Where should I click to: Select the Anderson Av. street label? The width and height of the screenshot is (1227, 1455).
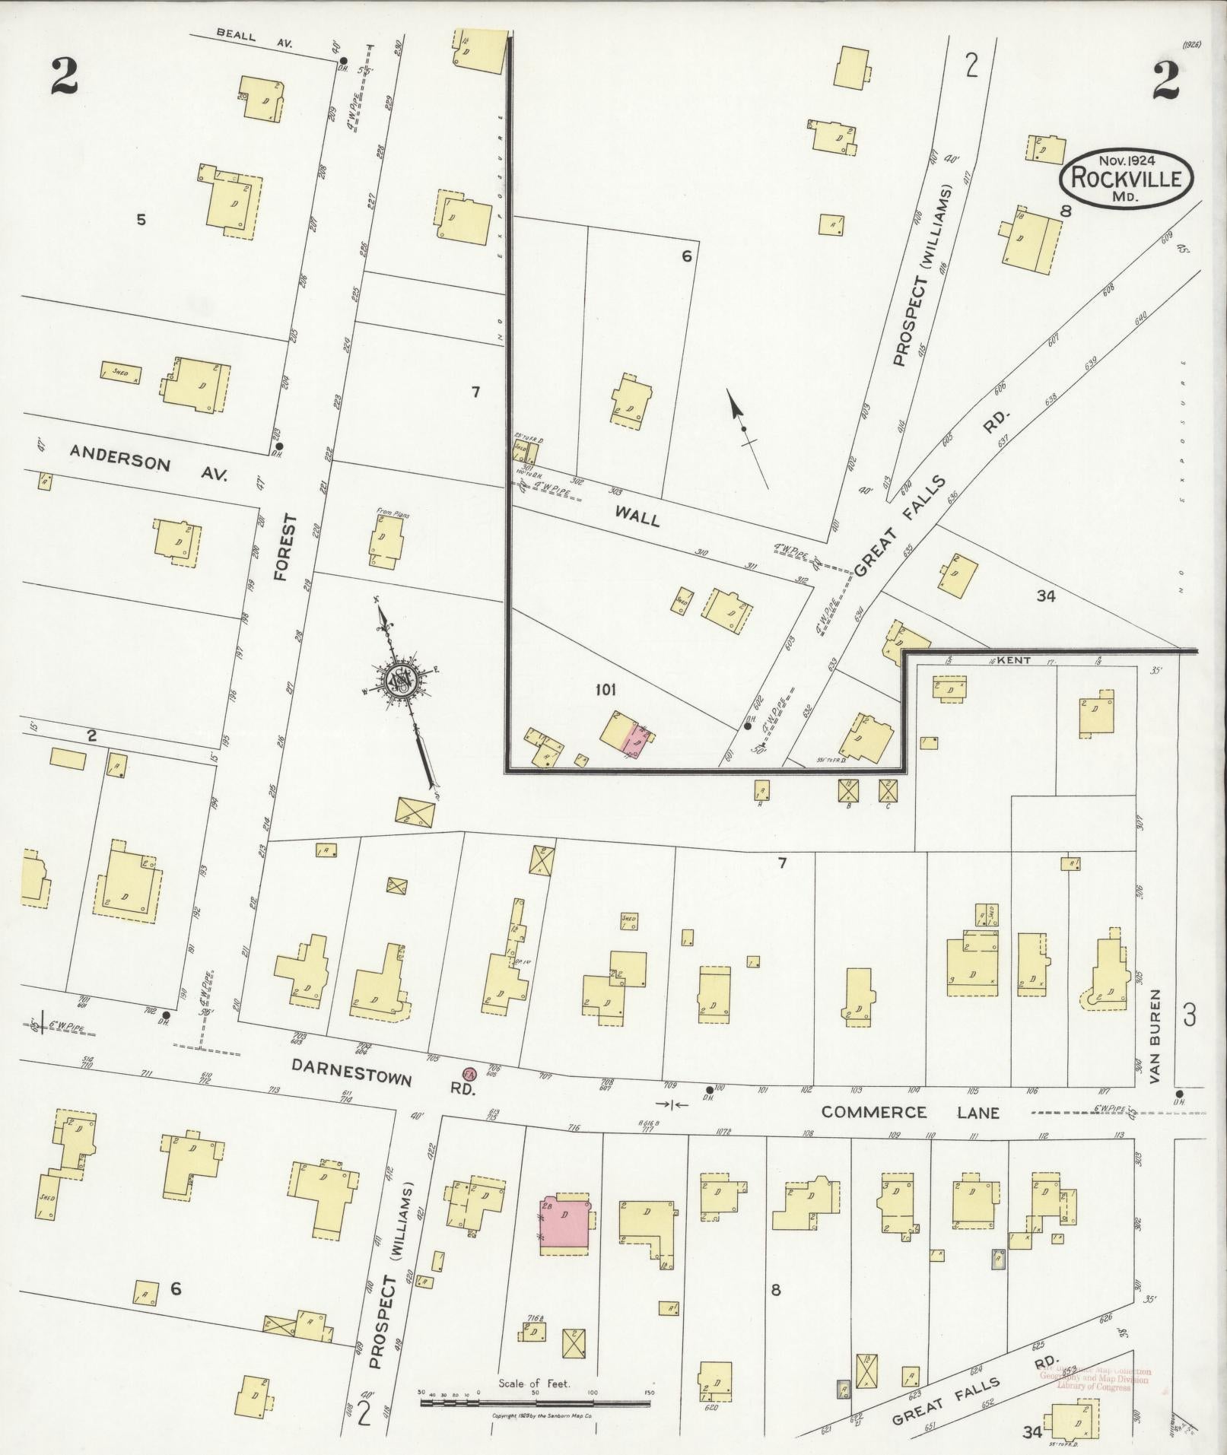point(149,459)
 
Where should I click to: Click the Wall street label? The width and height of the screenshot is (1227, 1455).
point(637,517)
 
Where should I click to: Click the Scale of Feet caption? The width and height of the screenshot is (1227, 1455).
point(534,1384)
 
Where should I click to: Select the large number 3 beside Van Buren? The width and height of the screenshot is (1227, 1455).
point(1189,1015)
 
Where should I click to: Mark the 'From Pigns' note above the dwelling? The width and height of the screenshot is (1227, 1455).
point(393,515)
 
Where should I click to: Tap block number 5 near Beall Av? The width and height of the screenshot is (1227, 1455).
point(141,221)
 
